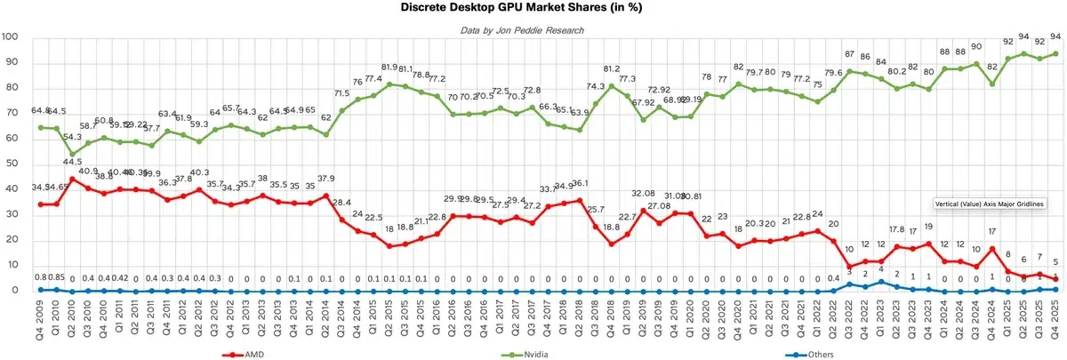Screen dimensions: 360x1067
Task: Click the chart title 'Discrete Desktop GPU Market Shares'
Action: [x=533, y=8]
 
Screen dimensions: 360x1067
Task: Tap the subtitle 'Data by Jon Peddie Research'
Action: [x=533, y=30]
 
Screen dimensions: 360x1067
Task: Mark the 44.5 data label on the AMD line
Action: [x=73, y=162]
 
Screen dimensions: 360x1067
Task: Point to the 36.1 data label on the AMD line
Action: [x=581, y=184]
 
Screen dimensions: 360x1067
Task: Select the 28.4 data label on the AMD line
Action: [x=341, y=203]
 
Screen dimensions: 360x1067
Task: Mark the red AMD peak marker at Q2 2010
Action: [x=73, y=179]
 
